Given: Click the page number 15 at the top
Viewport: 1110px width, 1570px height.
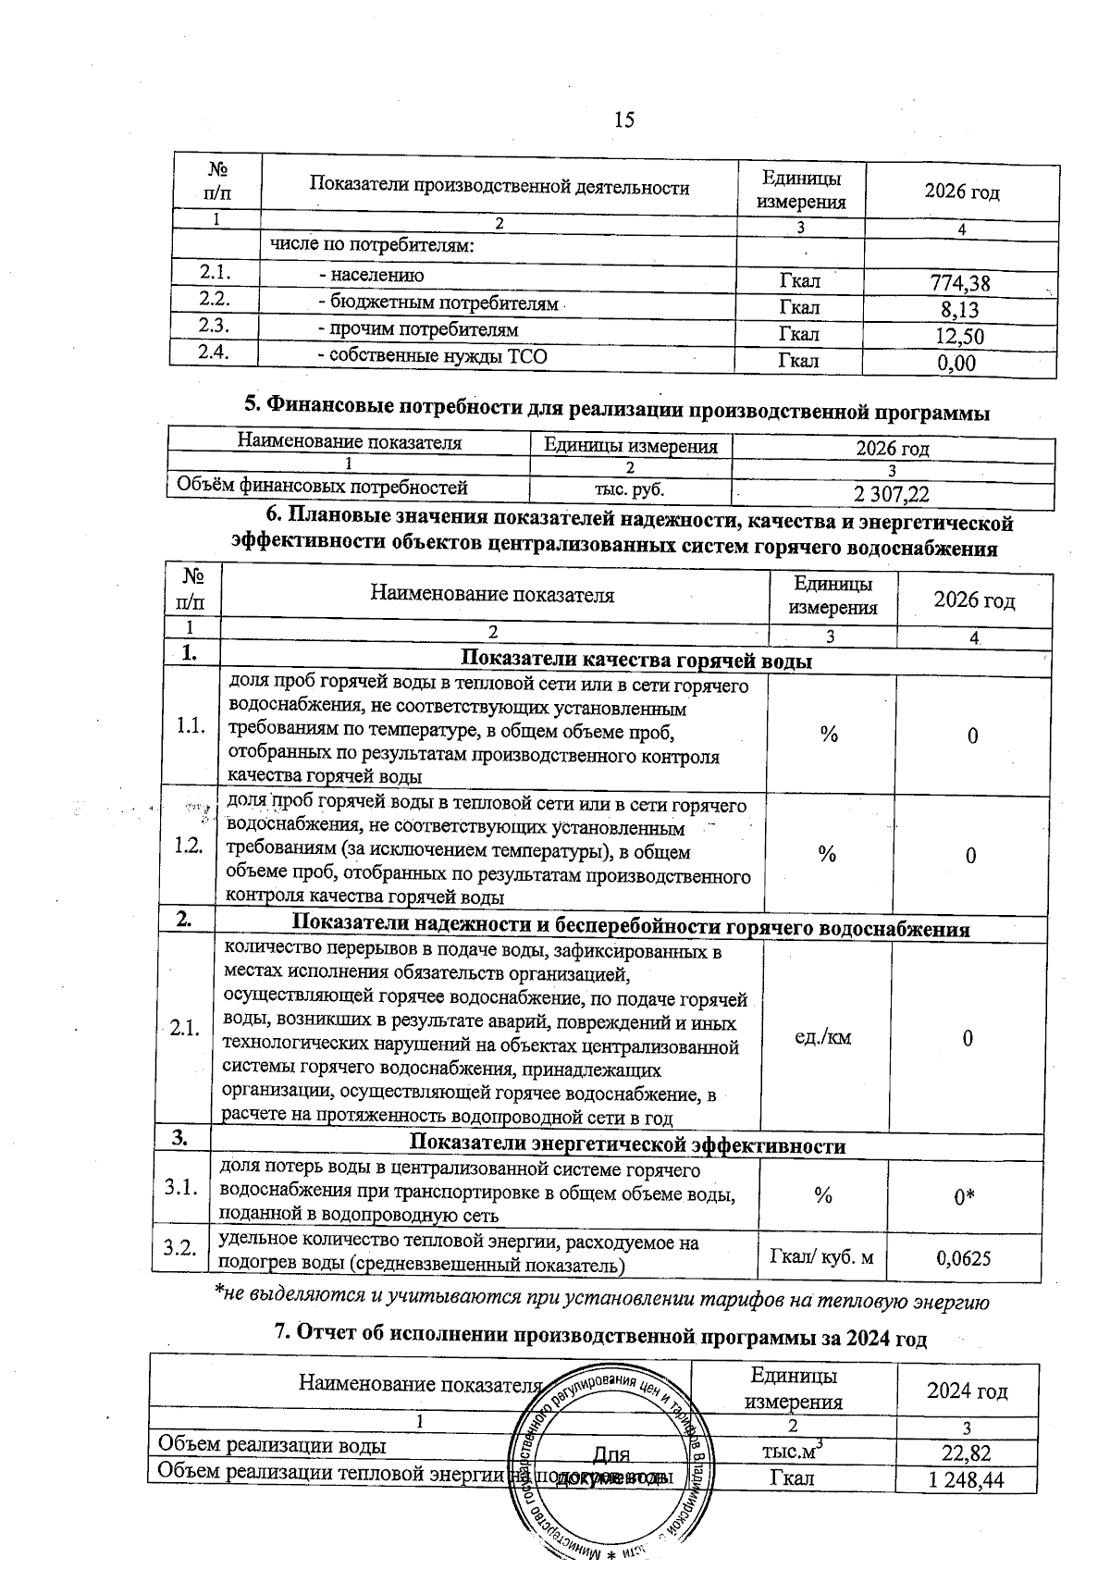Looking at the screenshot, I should pyautogui.click(x=623, y=119).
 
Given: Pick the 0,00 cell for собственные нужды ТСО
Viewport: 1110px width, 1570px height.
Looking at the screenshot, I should pyautogui.click(x=956, y=363).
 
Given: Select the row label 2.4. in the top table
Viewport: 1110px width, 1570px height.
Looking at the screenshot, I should pyautogui.click(x=214, y=352).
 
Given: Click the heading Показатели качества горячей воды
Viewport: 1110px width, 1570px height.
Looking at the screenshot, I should pyautogui.click(x=636, y=661).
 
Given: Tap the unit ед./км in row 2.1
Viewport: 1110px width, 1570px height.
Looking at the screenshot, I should pyautogui.click(x=823, y=1037).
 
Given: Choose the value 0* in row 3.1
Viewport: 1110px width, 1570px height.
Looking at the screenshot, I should pyautogui.click(x=966, y=1198).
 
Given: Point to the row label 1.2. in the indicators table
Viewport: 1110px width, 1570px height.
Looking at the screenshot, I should pyautogui.click(x=189, y=846).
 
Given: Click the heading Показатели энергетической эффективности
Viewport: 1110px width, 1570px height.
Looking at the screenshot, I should pyautogui.click(x=627, y=1145).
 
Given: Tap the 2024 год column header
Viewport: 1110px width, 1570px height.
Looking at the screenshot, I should pyautogui.click(x=968, y=1391).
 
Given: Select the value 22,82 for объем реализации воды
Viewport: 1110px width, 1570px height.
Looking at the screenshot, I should pyautogui.click(x=967, y=1452).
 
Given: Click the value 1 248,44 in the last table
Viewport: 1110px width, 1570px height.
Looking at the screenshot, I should pyautogui.click(x=966, y=1480).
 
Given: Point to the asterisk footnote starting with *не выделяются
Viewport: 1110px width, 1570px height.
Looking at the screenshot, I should pyautogui.click(x=601, y=1302).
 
